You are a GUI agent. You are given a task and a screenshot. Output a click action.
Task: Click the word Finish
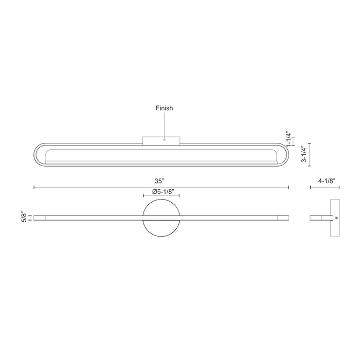pyautogui.click(x=165, y=109)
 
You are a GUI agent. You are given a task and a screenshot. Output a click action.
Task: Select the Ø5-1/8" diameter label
pyautogui.click(x=161, y=192)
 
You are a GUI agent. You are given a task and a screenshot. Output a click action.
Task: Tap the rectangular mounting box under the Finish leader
pyautogui.click(x=161, y=140)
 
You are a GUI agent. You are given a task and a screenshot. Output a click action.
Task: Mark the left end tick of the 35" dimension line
pyautogui.click(x=34, y=187)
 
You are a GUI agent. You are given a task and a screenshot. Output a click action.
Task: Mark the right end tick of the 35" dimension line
pyautogui.click(x=289, y=187)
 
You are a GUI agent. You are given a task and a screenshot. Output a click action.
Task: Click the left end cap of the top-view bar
pyautogui.click(x=40, y=218)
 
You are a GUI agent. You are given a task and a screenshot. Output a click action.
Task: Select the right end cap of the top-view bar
pyautogui.click(x=283, y=218)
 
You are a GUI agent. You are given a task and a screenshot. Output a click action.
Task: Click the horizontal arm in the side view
pyautogui.click(x=321, y=218)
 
